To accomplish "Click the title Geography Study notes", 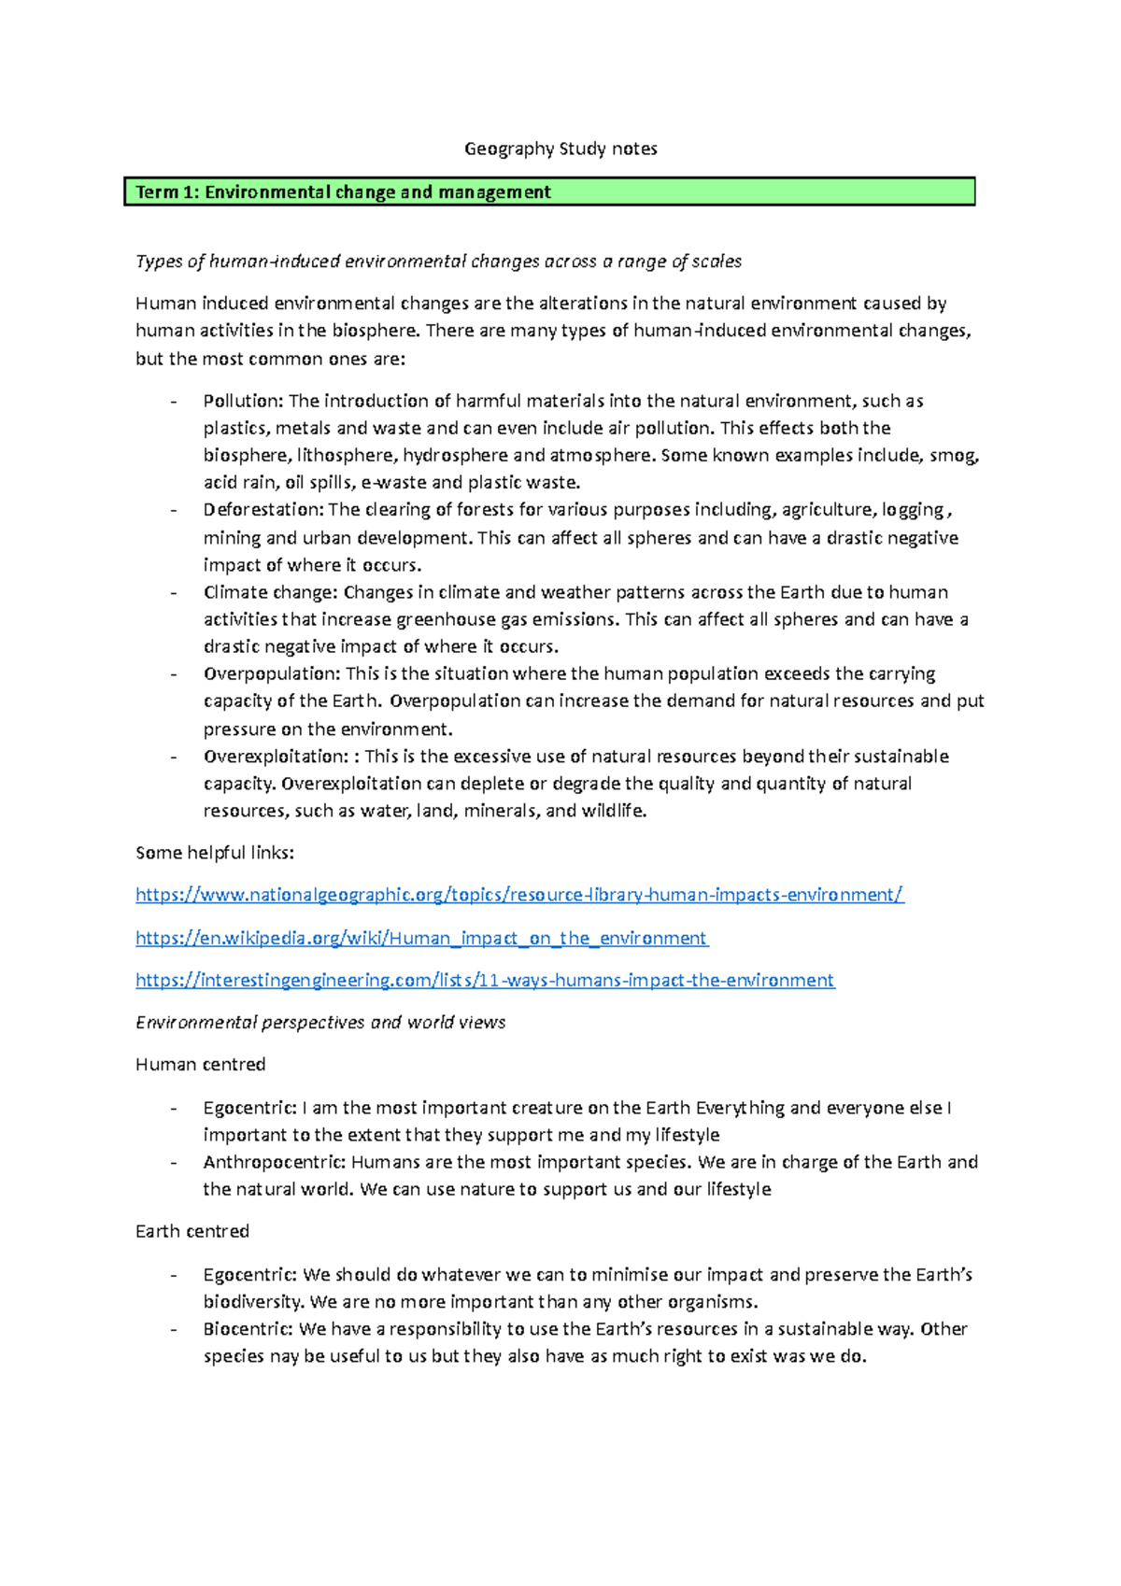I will click(560, 149).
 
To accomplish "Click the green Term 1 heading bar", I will click(549, 191).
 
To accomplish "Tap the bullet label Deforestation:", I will click(263, 510).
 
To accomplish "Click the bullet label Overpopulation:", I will click(272, 673).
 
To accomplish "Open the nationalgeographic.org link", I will click(519, 895).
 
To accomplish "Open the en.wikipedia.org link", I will click(421, 938).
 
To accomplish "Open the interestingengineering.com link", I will click(485, 980).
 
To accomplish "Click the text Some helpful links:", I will click(215, 853).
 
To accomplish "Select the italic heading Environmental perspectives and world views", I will click(320, 1022).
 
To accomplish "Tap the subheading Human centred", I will click(200, 1065).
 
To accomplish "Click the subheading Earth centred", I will click(192, 1231).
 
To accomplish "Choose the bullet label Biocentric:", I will click(248, 1328).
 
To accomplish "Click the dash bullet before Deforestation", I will click(174, 510).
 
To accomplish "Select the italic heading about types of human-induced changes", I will click(438, 262).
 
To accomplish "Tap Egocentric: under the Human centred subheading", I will click(249, 1108).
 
